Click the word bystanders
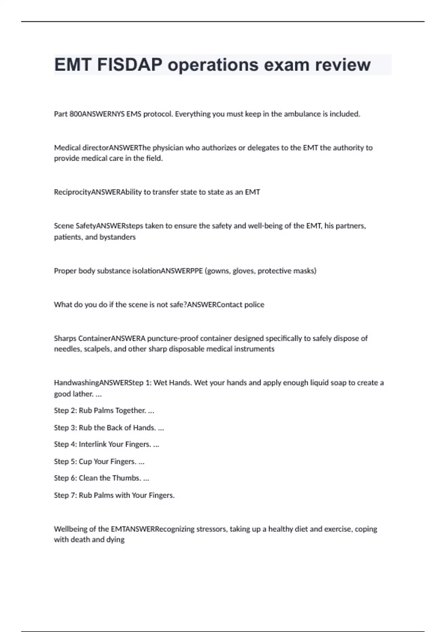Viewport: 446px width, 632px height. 117,237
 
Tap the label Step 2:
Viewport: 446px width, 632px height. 65,410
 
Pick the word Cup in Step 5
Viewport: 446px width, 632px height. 85,461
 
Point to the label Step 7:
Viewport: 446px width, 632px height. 65,495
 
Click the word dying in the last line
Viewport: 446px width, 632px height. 115,539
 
